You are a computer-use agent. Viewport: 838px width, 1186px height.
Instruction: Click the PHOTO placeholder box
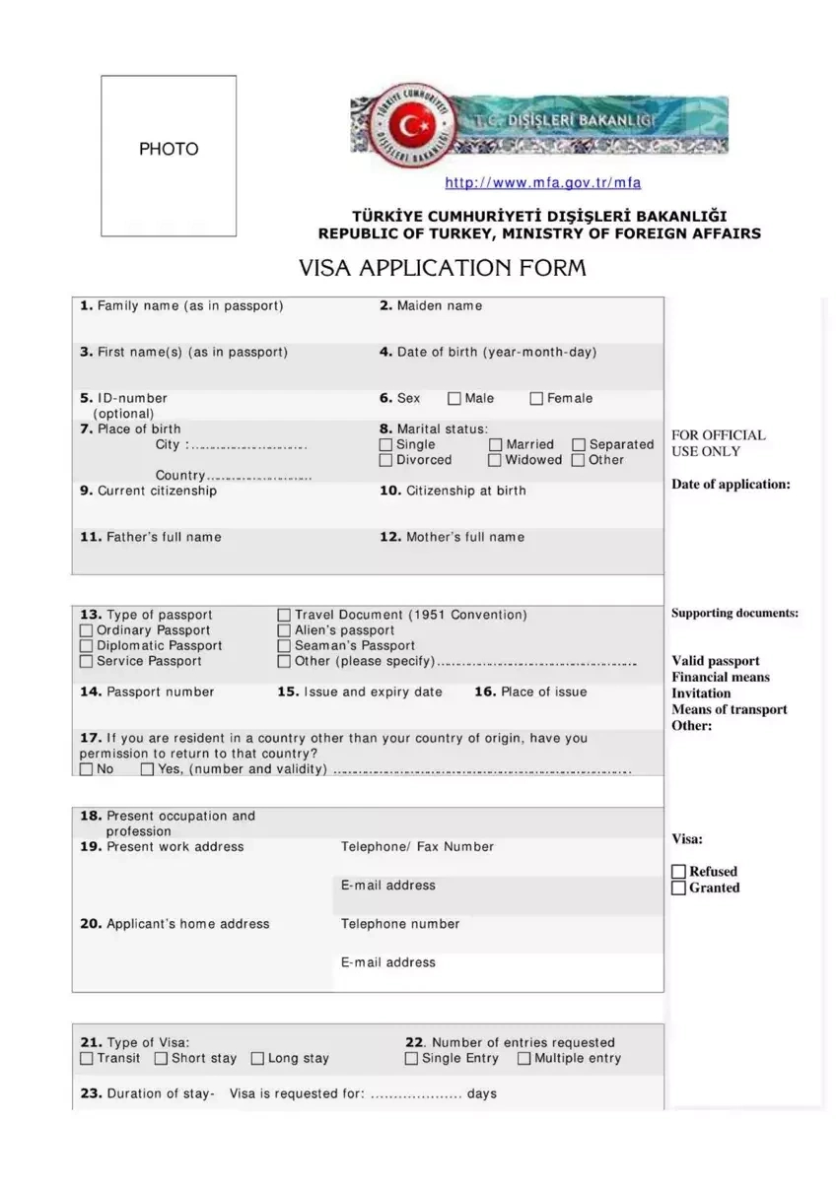pyautogui.click(x=169, y=156)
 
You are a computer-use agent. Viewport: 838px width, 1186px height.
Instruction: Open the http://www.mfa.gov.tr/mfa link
pyautogui.click(x=542, y=183)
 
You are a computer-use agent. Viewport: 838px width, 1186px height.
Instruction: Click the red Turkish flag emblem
pyautogui.click(x=405, y=126)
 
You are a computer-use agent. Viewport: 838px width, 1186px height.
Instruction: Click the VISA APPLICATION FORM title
pyautogui.click(x=443, y=268)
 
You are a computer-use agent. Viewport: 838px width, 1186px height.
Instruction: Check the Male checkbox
pyautogui.click(x=454, y=399)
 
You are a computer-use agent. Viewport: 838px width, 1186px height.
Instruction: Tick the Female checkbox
pyautogui.click(x=536, y=399)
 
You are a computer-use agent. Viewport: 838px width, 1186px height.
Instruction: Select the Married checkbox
pyautogui.click(x=496, y=445)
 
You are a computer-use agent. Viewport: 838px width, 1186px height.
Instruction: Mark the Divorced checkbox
pyautogui.click(x=386, y=460)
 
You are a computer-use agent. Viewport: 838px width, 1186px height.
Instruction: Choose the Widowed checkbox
pyautogui.click(x=496, y=460)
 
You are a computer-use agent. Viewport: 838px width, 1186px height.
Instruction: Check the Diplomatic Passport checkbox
pyautogui.click(x=87, y=646)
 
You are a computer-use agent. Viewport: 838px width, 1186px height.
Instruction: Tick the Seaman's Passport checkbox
pyautogui.click(x=285, y=646)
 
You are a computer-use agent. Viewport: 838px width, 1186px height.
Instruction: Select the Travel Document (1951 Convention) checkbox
pyautogui.click(x=285, y=615)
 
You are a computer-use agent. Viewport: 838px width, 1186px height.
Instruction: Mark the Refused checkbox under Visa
pyautogui.click(x=678, y=872)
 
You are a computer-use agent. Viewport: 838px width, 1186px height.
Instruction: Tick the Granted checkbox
pyautogui.click(x=678, y=888)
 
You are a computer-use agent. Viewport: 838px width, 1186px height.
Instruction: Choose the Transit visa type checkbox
pyautogui.click(x=87, y=1059)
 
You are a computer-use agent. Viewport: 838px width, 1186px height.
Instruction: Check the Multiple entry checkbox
pyautogui.click(x=524, y=1059)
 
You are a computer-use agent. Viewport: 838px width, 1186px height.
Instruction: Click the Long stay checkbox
pyautogui.click(x=258, y=1059)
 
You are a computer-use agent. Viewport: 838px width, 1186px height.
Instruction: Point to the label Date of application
pyautogui.click(x=731, y=484)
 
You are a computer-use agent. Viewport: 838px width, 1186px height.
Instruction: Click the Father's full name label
pyautogui.click(x=151, y=537)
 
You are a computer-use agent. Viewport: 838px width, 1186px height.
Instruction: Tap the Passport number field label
pyautogui.click(x=147, y=692)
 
